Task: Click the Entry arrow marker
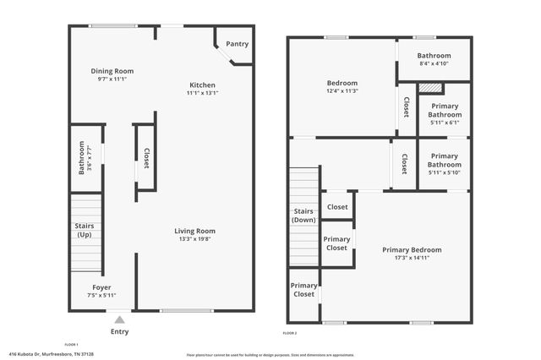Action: [x=119, y=319]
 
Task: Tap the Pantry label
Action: [x=237, y=44]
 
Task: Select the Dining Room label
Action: [x=112, y=71]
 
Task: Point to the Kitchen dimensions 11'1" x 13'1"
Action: [x=202, y=93]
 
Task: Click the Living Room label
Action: [x=194, y=231]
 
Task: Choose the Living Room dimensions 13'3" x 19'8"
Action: [x=194, y=239]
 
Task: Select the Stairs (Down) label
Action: [x=303, y=215]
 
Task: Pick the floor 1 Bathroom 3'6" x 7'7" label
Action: [x=85, y=157]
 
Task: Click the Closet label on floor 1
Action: [x=145, y=158]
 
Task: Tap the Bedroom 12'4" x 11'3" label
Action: [x=342, y=86]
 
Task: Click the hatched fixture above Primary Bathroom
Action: [x=431, y=87]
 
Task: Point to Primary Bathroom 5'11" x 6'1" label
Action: [x=444, y=114]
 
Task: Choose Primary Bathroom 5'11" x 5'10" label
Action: [x=444, y=164]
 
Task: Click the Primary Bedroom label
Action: [x=412, y=249]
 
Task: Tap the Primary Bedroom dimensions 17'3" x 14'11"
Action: [x=412, y=258]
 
